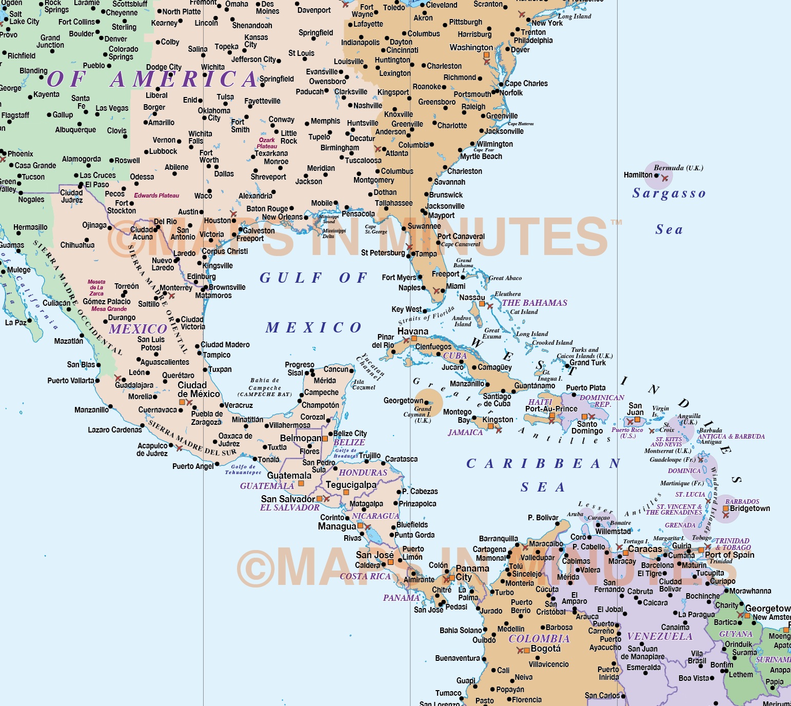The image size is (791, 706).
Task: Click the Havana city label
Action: (x=412, y=331)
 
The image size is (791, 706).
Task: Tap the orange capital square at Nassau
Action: (x=482, y=304)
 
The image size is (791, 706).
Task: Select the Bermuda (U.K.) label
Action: (x=678, y=168)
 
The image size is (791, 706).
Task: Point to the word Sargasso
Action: (x=669, y=193)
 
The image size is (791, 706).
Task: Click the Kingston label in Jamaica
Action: (x=498, y=419)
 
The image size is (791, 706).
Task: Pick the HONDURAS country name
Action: (x=363, y=473)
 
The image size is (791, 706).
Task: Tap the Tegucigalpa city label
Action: (x=351, y=485)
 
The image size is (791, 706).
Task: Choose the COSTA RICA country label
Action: (x=365, y=576)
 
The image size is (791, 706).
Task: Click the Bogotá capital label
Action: (x=546, y=649)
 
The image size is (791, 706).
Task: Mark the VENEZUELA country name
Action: (x=660, y=636)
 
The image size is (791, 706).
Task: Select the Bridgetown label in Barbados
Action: (x=750, y=508)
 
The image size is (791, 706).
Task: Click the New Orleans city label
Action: (x=282, y=217)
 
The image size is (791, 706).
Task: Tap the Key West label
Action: (x=406, y=309)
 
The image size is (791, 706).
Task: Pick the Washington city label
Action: (x=471, y=48)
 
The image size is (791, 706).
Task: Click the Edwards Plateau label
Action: (x=156, y=195)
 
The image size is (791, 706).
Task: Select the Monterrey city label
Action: (x=176, y=288)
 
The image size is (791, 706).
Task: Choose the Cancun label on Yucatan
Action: (x=336, y=369)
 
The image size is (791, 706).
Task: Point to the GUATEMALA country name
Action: (x=267, y=486)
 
